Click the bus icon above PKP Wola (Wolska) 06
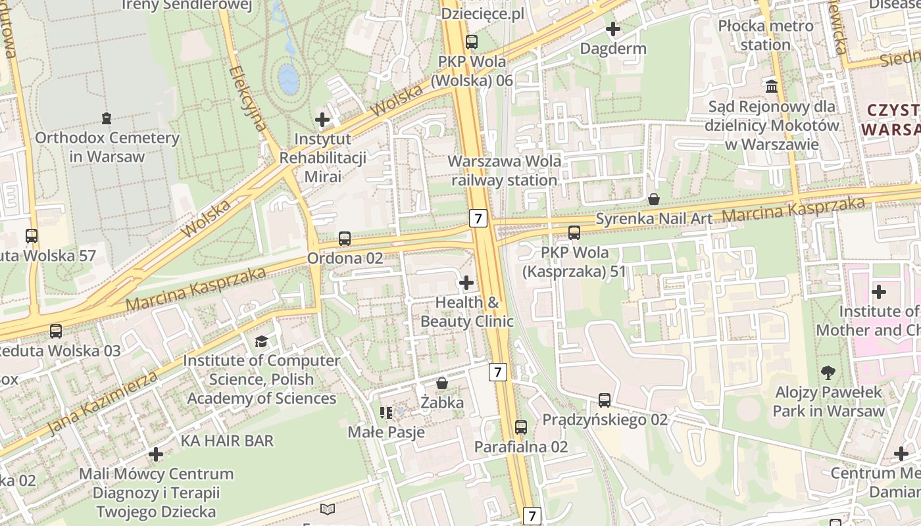pyautogui.click(x=472, y=42)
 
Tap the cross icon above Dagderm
pyautogui.click(x=613, y=29)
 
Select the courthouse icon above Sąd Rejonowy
pyautogui.click(x=772, y=86)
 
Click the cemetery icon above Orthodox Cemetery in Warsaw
pyautogui.click(x=106, y=118)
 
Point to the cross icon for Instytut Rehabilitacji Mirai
pyautogui.click(x=322, y=120)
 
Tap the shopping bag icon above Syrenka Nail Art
pyautogui.click(x=654, y=199)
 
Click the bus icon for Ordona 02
pyautogui.click(x=345, y=239)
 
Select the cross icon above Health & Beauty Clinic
pyautogui.click(x=466, y=283)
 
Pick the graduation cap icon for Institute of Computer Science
pyautogui.click(x=261, y=341)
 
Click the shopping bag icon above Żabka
pyautogui.click(x=442, y=383)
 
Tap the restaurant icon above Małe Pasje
pyautogui.click(x=386, y=413)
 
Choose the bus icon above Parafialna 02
pyautogui.click(x=521, y=427)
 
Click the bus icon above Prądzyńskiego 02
pyautogui.click(x=605, y=400)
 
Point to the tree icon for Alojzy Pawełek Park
pyautogui.click(x=828, y=373)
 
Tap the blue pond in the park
pyautogui.click(x=288, y=79)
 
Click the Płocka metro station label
pyautogui.click(x=765, y=36)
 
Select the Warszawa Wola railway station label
pyautogui.click(x=505, y=170)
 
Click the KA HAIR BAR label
pyautogui.click(x=227, y=441)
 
